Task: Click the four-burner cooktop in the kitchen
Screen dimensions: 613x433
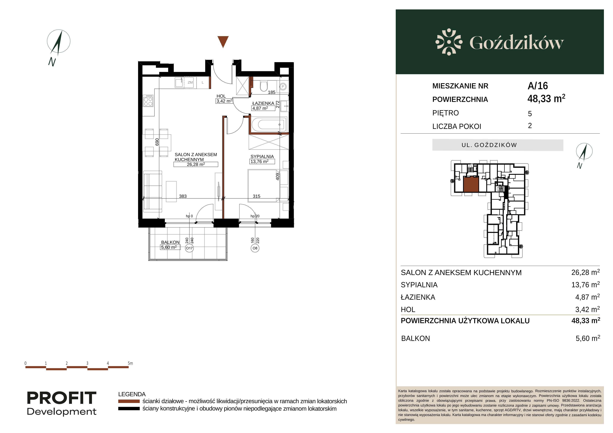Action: [148, 101]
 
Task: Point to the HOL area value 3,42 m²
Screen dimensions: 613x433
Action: [224, 101]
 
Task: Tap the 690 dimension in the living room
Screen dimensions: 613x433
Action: [157, 142]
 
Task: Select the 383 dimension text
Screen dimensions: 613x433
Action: [183, 196]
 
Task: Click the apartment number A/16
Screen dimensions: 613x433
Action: [538, 86]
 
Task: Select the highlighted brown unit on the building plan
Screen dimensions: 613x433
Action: [471, 184]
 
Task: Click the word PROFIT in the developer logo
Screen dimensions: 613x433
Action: [62, 398]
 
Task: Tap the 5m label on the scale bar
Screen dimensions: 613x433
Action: [130, 363]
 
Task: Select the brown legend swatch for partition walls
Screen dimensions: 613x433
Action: [129, 401]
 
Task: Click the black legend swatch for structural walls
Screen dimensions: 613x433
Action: [129, 409]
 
